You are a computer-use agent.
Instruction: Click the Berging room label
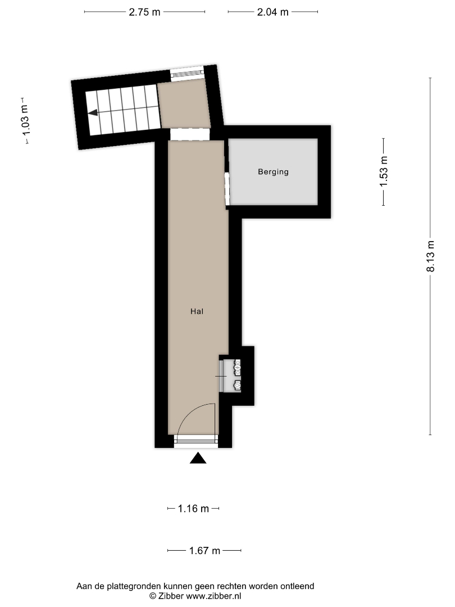[273, 172]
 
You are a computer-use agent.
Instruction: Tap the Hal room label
[197, 311]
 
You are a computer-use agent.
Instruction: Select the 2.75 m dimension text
[144, 12]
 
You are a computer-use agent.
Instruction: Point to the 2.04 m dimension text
[273, 12]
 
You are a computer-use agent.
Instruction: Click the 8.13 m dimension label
[431, 256]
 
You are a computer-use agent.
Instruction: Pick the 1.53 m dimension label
[384, 171]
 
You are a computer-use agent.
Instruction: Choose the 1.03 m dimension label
[26, 120]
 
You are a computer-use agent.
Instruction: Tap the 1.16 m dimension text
[193, 509]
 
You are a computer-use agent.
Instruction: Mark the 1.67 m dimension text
[204, 550]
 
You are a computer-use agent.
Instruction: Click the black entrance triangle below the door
[198, 458]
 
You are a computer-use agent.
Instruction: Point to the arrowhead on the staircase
[93, 112]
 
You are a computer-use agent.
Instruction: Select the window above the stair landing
[187, 73]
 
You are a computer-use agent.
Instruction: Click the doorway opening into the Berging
[227, 189]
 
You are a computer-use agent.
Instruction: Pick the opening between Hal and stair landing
[190, 134]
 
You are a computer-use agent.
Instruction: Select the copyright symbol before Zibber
[153, 596]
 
